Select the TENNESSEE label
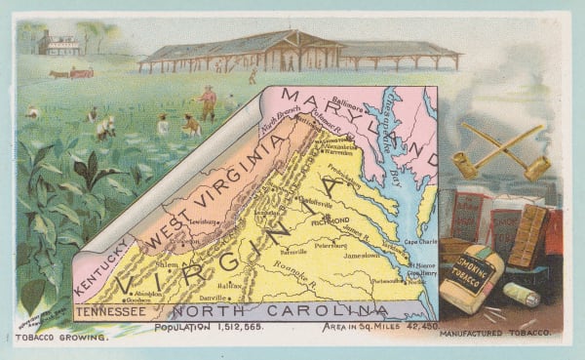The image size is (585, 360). [113, 311]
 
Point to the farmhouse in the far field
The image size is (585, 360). [58, 44]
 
